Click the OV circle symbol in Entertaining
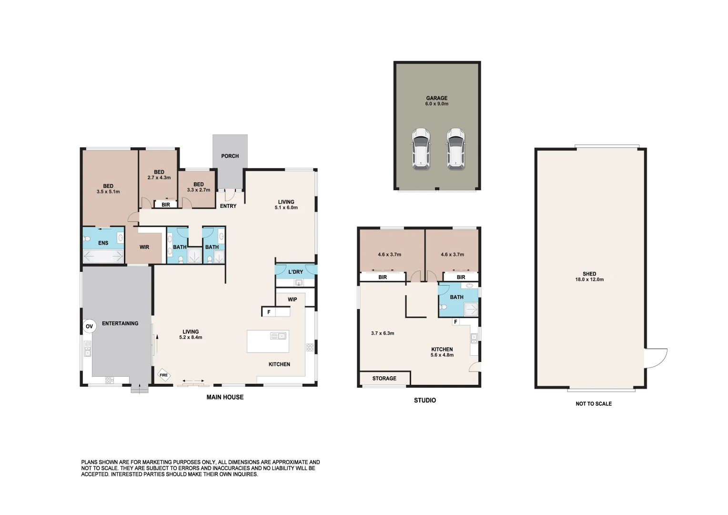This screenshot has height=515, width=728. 89,327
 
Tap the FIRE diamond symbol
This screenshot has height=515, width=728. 163,375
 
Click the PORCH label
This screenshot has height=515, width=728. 230,156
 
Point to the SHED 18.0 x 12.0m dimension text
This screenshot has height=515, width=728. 589,279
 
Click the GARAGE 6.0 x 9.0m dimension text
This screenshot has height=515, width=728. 436,103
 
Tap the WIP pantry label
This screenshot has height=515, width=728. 293,299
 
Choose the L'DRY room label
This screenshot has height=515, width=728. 295,272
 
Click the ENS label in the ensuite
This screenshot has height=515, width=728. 103,243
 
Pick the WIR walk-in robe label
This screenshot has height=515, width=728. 144,247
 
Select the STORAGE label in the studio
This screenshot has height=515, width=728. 384,378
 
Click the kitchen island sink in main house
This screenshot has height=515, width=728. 278,336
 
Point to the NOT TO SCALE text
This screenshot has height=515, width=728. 593,403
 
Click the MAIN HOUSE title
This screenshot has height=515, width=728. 225,397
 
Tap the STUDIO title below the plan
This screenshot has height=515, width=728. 425,400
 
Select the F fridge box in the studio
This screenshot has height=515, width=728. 455,322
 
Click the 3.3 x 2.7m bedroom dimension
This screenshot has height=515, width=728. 199,190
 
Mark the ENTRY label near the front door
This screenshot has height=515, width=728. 228,206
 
